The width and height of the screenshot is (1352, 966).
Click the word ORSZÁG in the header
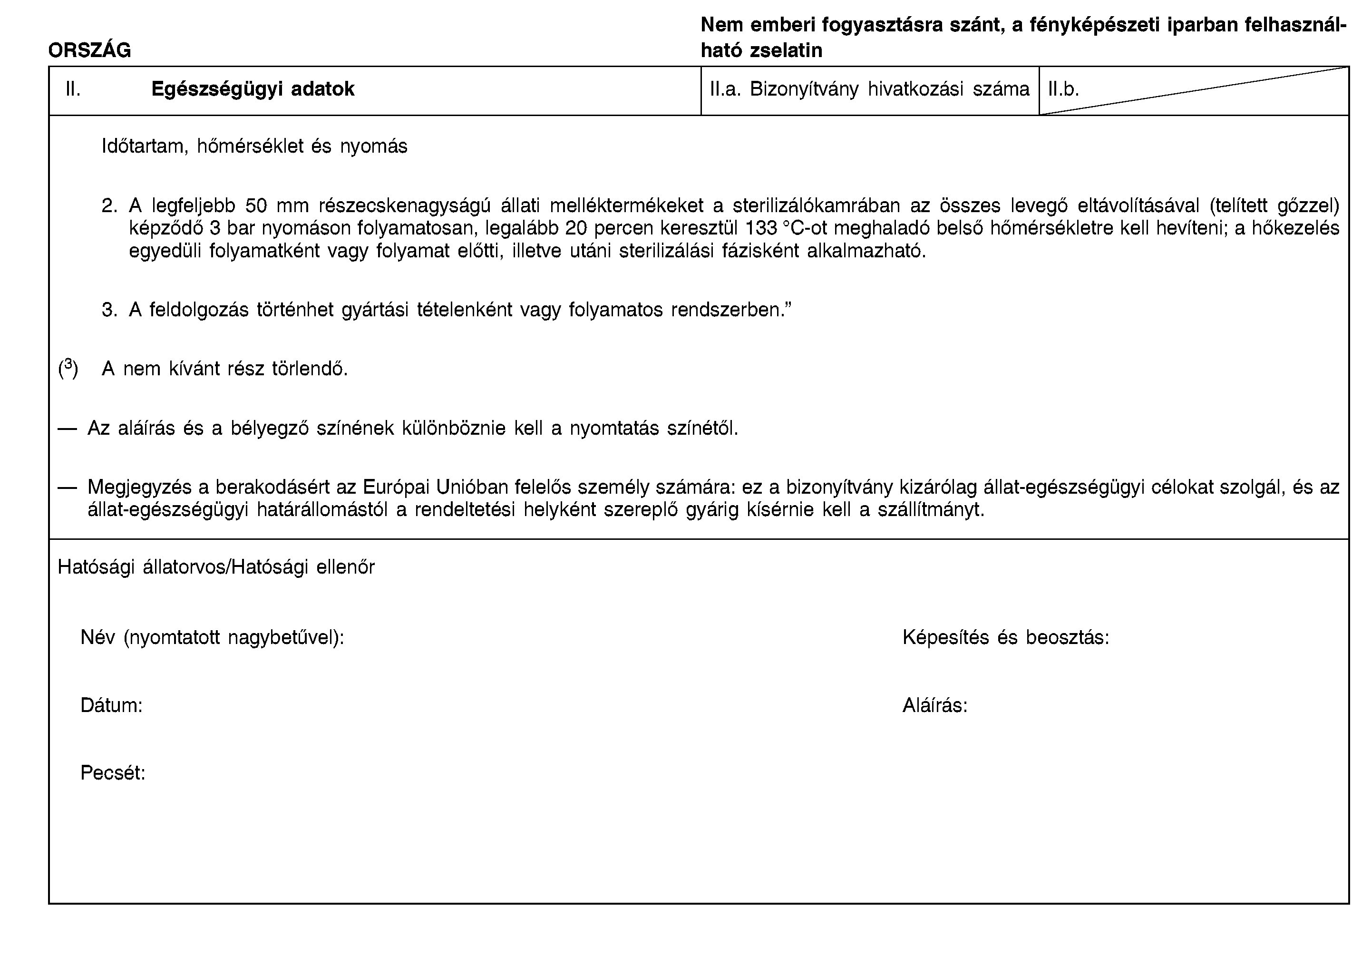(x=89, y=50)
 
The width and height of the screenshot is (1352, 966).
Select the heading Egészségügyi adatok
(x=253, y=88)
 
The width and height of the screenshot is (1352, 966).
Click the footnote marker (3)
(x=68, y=369)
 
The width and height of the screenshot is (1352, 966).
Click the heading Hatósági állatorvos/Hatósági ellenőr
(x=216, y=567)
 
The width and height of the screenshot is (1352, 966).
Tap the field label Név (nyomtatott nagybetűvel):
(x=213, y=638)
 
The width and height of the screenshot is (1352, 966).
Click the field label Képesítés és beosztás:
(x=1006, y=638)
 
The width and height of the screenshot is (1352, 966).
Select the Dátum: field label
(x=112, y=705)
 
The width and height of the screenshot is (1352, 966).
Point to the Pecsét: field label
(x=113, y=773)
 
